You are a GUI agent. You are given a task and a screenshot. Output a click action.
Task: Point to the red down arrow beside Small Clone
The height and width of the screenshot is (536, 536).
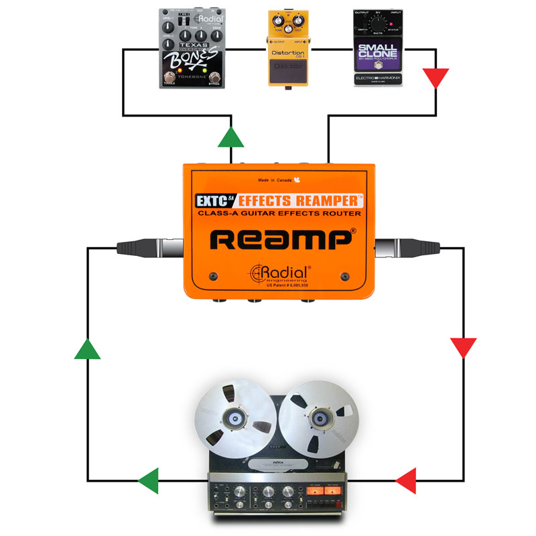tap(437, 78)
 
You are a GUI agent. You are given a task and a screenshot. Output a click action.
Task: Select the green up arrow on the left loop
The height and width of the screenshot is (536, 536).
tap(88, 348)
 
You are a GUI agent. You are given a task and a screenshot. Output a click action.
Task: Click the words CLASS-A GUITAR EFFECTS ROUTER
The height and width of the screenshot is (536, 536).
tap(281, 214)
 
